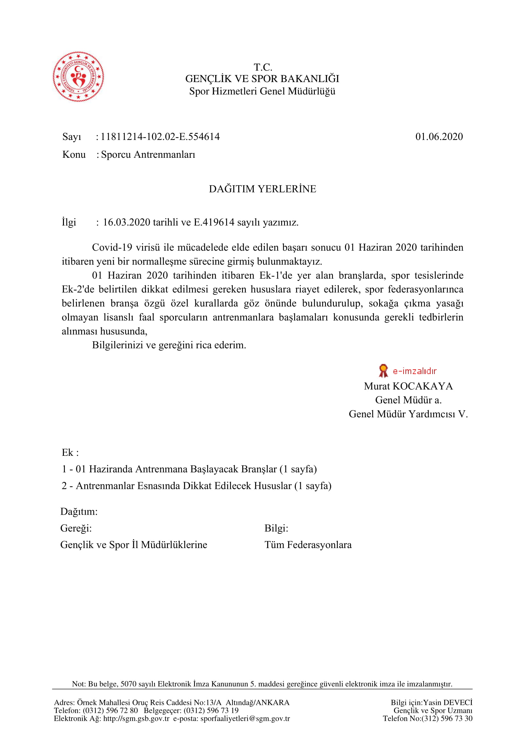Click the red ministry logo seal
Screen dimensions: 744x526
click(78, 76)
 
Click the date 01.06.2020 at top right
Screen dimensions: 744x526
click(439, 136)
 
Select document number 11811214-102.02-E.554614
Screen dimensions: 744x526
click(160, 136)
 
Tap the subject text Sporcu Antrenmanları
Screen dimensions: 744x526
click(148, 155)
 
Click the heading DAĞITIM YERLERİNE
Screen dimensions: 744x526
click(262, 189)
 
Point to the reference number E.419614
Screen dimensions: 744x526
click(214, 222)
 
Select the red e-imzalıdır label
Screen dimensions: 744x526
click(415, 371)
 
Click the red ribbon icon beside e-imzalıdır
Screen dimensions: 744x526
click(383, 371)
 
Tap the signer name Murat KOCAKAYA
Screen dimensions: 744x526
click(408, 386)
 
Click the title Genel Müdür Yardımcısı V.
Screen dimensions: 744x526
click(408, 414)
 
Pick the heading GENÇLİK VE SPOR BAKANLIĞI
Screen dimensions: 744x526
click(262, 79)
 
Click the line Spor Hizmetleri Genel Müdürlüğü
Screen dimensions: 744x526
click(262, 91)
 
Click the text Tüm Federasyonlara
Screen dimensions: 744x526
click(308, 544)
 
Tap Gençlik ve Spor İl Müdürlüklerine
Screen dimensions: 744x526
click(134, 544)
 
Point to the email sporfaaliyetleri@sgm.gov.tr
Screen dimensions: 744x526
click(245, 719)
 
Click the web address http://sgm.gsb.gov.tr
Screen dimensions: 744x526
click(136, 719)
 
